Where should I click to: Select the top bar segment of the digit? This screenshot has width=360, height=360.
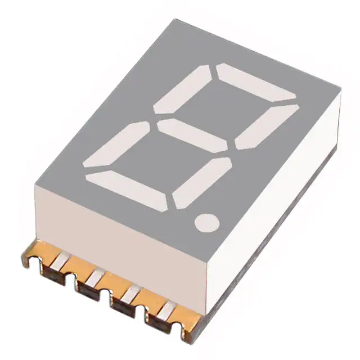click(x=256, y=82)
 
